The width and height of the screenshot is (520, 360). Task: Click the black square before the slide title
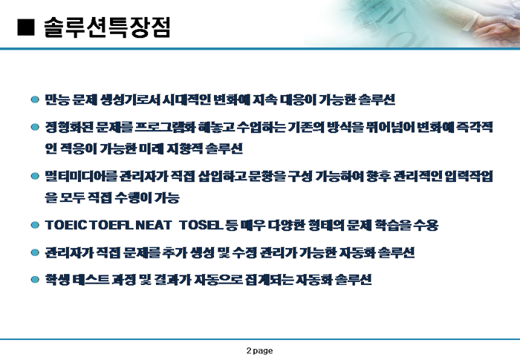point(25,27)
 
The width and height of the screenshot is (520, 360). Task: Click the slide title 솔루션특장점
point(107,27)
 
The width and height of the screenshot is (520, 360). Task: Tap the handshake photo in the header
point(412,23)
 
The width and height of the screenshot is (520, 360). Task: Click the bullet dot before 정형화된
point(35,127)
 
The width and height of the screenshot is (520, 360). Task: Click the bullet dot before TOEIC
point(35,225)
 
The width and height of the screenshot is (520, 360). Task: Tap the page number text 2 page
point(260,350)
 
